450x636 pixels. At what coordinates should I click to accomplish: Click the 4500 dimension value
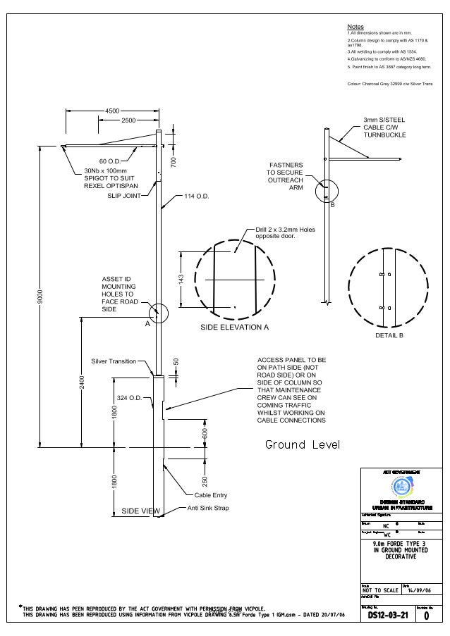pyautogui.click(x=112, y=111)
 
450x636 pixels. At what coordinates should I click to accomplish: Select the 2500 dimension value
pyautogui.click(x=128, y=120)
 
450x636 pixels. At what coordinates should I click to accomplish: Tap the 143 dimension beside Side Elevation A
pyautogui.click(x=181, y=280)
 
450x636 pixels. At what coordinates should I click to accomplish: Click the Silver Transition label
pyautogui.click(x=114, y=361)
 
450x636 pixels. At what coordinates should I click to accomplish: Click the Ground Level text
pyautogui.click(x=303, y=445)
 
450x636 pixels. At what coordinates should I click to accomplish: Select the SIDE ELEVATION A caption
pyautogui.click(x=235, y=328)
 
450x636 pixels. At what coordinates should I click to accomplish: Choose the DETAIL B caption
pyautogui.click(x=389, y=336)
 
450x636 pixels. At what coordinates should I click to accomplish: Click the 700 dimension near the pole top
pyautogui.click(x=173, y=161)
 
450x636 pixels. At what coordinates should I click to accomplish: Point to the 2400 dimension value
pyautogui.click(x=83, y=383)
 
